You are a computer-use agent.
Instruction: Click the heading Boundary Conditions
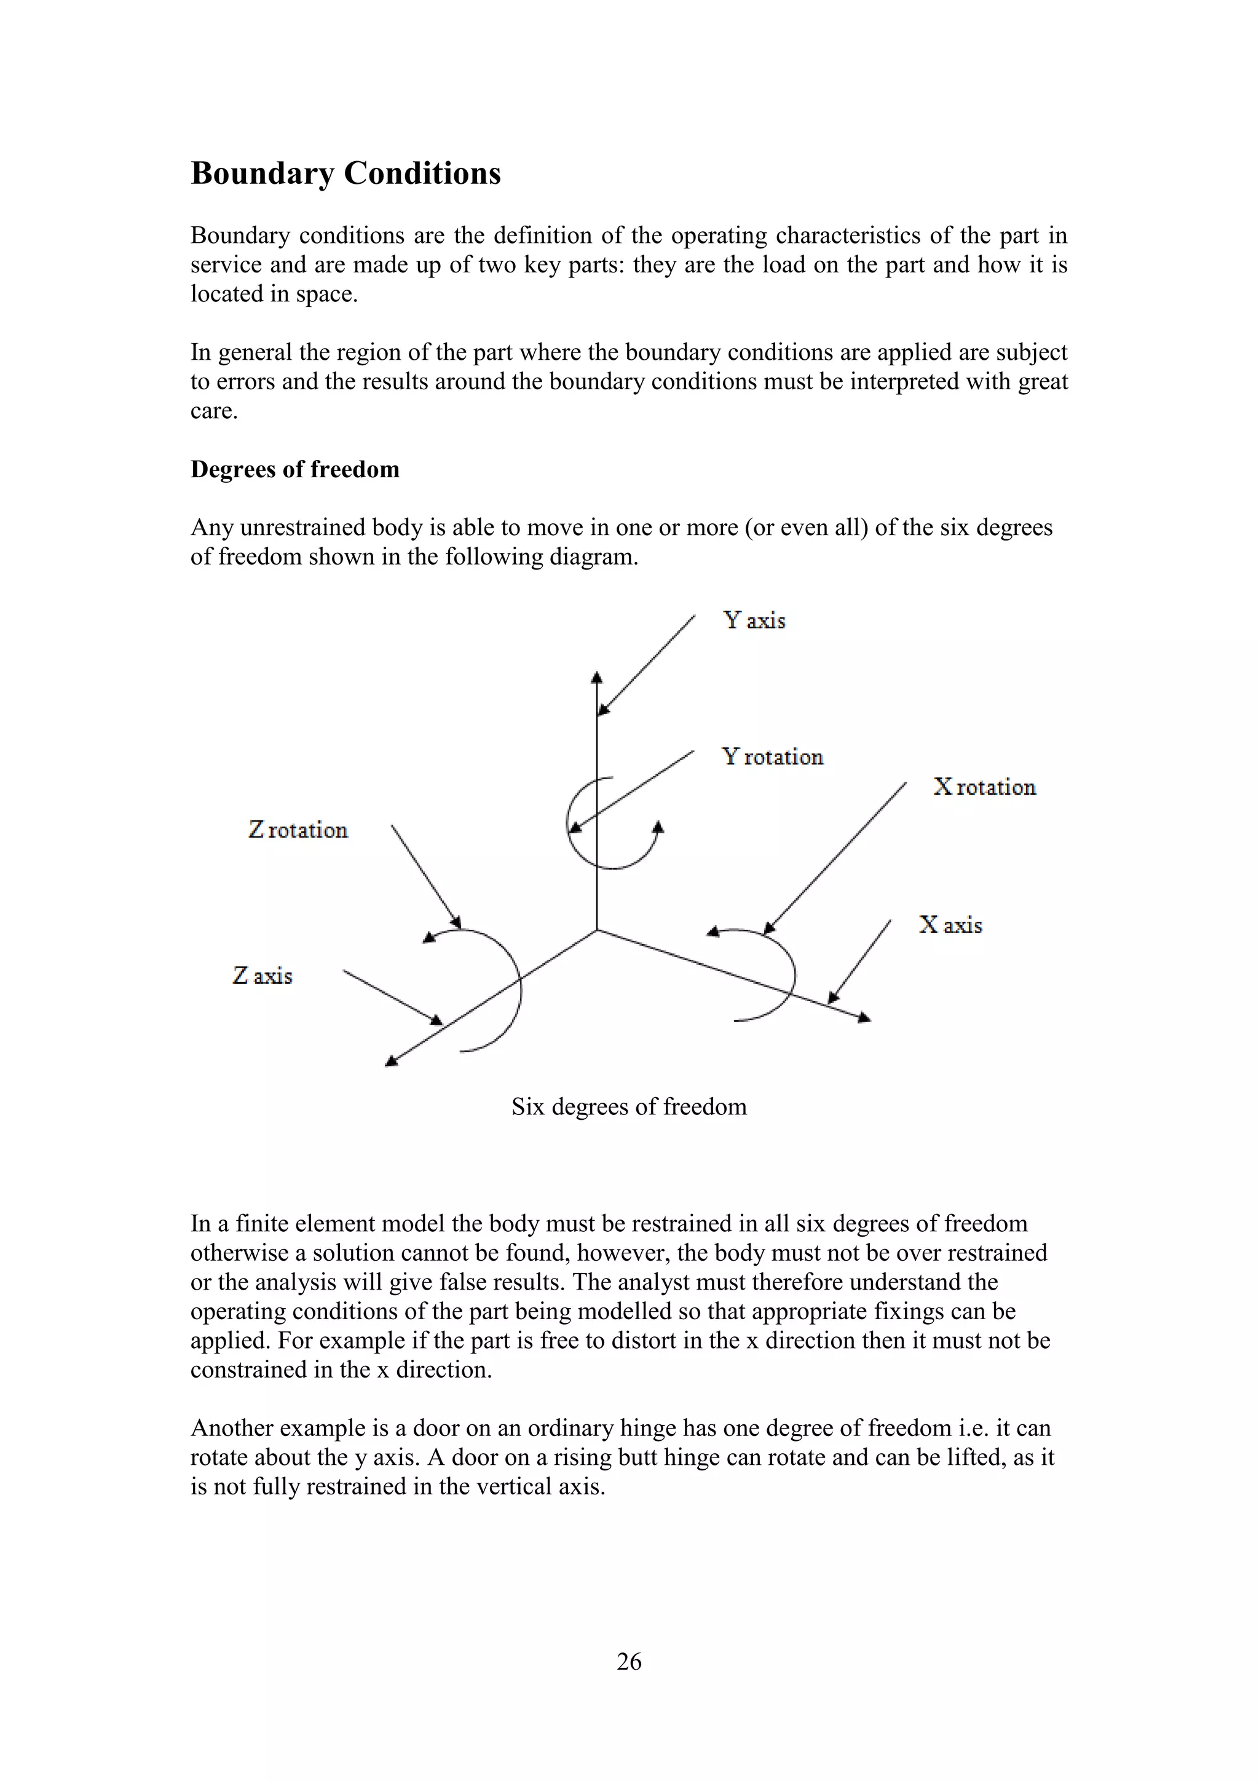tap(345, 173)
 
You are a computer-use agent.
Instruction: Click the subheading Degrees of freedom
tap(294, 469)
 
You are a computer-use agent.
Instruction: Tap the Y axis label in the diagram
tap(754, 621)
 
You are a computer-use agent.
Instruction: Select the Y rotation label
tap(772, 757)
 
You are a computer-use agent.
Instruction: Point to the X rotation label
tap(985, 787)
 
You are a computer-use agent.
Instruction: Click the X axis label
tap(950, 924)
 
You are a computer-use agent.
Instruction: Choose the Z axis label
tap(263, 976)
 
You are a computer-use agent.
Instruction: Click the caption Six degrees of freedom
tap(629, 1106)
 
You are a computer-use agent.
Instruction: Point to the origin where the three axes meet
tap(597, 929)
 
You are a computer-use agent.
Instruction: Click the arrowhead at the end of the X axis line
tap(864, 1018)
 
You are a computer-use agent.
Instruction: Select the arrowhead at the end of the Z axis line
tap(392, 1061)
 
